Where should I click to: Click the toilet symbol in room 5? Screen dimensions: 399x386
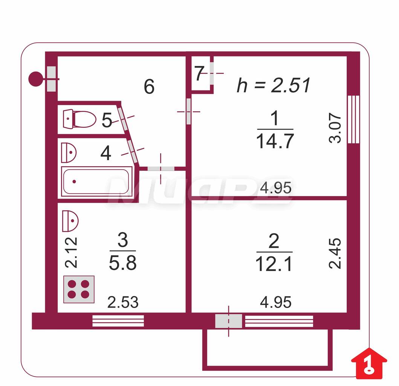coord(79,119)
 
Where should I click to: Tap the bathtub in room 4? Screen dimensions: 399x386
coord(97,182)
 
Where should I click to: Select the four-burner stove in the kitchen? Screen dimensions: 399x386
coord(79,289)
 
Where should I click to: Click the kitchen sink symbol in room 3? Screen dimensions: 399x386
coord(70,221)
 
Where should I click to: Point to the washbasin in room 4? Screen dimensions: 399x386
coord(69,153)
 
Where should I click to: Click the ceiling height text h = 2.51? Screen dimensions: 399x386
coord(274,85)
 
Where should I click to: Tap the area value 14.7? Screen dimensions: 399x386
coord(275,141)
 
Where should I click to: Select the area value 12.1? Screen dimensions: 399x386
coord(274,264)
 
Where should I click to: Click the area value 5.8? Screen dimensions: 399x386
coord(123,263)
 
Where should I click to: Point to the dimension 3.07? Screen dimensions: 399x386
coord(335,128)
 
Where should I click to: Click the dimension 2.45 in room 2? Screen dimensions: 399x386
coord(335,254)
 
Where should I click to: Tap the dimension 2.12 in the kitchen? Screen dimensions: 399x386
coord(71,252)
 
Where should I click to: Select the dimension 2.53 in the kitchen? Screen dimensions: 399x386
coord(123,302)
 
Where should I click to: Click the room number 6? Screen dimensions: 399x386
coord(149,87)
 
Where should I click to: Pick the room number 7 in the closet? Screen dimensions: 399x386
coord(199,74)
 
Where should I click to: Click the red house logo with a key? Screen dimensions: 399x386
coord(369,363)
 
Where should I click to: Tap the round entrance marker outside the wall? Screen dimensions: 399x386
coord(36,79)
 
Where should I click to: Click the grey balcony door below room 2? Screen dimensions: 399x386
coord(228,321)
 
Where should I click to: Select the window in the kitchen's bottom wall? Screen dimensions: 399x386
coord(118,321)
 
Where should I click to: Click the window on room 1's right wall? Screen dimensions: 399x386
coord(353,119)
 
